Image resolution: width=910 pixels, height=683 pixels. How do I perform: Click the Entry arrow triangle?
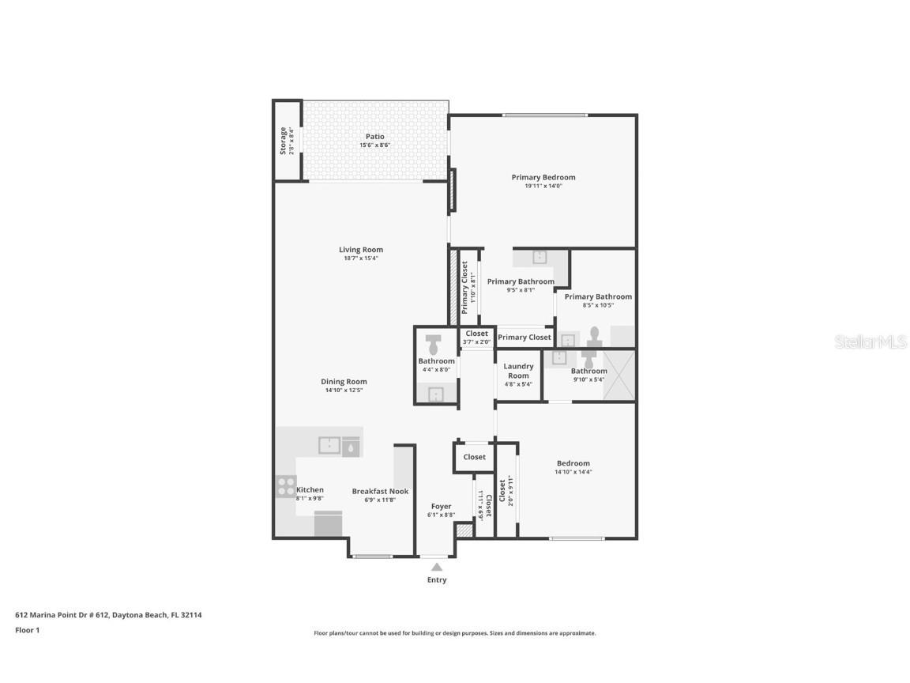[437, 566]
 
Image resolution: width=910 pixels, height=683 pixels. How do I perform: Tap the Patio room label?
[374, 137]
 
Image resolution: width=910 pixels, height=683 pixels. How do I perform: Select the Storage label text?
[284, 141]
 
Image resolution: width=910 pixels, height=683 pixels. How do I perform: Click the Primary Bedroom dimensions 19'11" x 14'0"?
[543, 186]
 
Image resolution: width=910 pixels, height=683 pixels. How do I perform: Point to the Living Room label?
[361, 250]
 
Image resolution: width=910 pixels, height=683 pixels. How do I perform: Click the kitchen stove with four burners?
[286, 486]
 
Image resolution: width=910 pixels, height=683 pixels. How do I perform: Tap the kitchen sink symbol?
[329, 446]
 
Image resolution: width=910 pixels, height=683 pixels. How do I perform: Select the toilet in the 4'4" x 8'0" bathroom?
[434, 345]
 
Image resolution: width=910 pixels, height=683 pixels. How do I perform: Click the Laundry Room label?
[518, 371]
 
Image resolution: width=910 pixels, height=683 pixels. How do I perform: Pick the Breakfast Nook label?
[380, 491]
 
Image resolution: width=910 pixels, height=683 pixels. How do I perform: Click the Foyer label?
[441, 507]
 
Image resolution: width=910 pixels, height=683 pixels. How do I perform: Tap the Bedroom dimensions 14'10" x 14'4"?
[573, 472]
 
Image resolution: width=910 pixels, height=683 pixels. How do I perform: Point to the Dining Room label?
[345, 382]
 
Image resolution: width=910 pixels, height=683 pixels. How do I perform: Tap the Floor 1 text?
[27, 630]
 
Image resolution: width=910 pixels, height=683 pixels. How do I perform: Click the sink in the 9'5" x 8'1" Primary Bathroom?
[540, 257]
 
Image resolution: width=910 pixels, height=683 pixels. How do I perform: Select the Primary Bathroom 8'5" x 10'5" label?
[598, 296]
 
